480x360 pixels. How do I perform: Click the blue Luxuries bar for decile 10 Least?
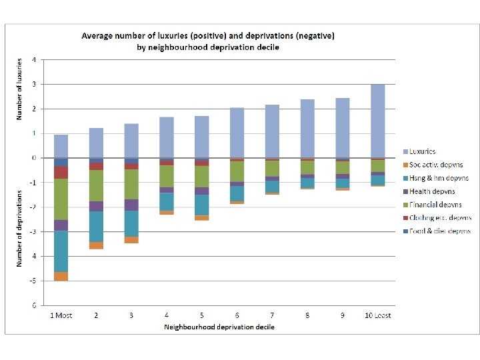[378, 121]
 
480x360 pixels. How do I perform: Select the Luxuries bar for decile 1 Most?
[61, 146]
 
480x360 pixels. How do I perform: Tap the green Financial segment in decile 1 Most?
[61, 199]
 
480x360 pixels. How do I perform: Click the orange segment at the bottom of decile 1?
[61, 277]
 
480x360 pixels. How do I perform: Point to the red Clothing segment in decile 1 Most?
[61, 172]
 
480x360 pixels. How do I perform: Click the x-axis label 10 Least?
[377, 315]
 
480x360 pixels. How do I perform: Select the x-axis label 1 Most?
[61, 315]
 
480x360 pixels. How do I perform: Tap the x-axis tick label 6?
[237, 315]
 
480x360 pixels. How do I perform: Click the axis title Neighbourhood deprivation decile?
[219, 327]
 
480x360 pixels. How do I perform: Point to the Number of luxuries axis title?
[19, 88]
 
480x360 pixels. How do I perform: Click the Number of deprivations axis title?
[19, 228]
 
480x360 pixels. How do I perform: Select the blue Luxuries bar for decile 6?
[237, 133]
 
